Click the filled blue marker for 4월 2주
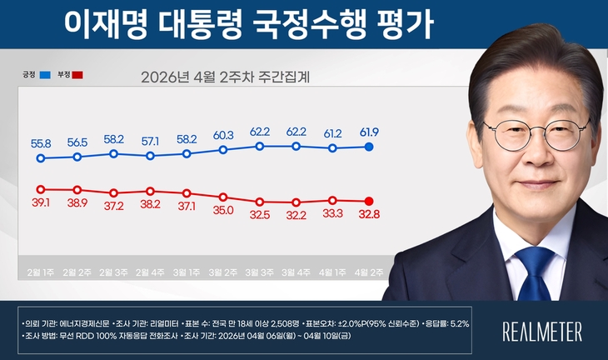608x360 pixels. pyautogui.click(x=369, y=147)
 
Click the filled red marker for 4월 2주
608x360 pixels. pyautogui.click(x=369, y=201)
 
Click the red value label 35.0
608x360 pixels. pyautogui.click(x=223, y=211)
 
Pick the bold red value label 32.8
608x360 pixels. pyautogui.click(x=369, y=214)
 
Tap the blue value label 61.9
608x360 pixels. pyautogui.click(x=369, y=132)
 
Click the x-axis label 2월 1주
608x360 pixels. pyautogui.click(x=41, y=272)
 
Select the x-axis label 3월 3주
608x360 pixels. pyautogui.click(x=260, y=272)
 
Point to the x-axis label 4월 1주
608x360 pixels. pyautogui.click(x=332, y=272)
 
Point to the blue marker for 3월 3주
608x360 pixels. pyautogui.click(x=260, y=146)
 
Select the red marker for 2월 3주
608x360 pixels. pyautogui.click(x=114, y=193)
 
